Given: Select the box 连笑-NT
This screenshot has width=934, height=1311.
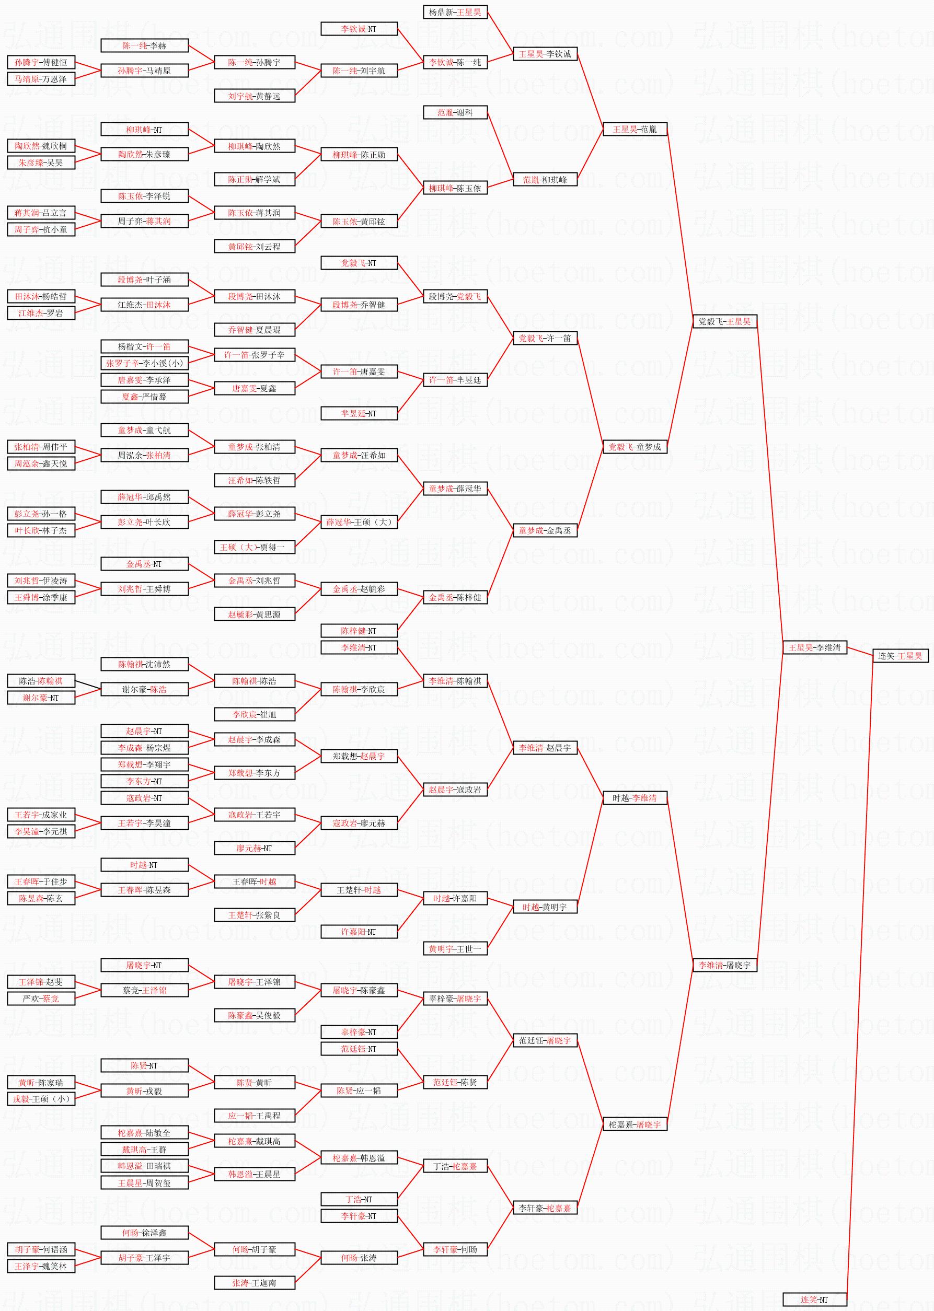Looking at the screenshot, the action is coord(814,1298).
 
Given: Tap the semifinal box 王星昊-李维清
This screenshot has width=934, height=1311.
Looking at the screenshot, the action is coord(814,647).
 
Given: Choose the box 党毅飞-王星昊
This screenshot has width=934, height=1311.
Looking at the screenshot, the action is coord(724,321).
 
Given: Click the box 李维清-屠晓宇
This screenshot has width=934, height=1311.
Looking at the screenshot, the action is coord(724,966).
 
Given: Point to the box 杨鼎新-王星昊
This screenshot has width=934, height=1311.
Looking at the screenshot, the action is coord(455,12).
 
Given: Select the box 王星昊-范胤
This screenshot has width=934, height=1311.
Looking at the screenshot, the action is coord(635,130).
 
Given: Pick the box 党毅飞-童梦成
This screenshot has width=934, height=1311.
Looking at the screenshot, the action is coord(635,447).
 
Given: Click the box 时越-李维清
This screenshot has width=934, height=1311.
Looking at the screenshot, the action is coord(635,798).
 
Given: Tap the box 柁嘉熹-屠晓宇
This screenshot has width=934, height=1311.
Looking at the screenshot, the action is coord(635,1124).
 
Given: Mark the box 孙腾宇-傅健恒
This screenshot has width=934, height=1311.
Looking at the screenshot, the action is coord(41,62).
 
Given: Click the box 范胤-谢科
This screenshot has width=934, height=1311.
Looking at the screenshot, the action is coord(455,113).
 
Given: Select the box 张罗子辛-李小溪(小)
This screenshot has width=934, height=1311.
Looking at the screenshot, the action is coord(145,363).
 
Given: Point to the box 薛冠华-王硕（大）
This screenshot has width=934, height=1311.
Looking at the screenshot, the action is coord(359,522).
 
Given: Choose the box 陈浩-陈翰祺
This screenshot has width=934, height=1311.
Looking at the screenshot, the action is coord(41,681).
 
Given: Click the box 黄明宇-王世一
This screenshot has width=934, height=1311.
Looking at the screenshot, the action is coord(455,949).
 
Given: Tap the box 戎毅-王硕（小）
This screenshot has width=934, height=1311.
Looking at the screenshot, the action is coord(41,1099).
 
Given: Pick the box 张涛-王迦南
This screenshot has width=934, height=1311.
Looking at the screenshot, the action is coord(254,1283).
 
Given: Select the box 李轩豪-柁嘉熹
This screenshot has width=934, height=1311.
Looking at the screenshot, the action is coord(545,1208).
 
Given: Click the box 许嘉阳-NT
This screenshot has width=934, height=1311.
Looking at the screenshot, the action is coord(359,932).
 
